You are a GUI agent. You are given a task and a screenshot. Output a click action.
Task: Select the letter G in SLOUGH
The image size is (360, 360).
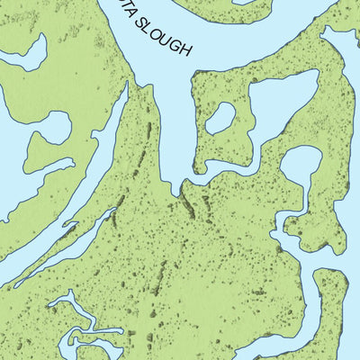[x=179, y=43]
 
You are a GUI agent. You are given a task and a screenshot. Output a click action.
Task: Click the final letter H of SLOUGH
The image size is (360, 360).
[x=187, y=50]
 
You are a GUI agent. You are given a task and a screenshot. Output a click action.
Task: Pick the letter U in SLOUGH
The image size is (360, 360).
[x=171, y=37]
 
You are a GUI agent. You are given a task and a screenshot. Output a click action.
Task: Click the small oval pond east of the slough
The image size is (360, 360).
[x=220, y=118]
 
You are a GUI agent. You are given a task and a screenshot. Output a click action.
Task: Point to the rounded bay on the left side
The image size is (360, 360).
[x=45, y=148]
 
